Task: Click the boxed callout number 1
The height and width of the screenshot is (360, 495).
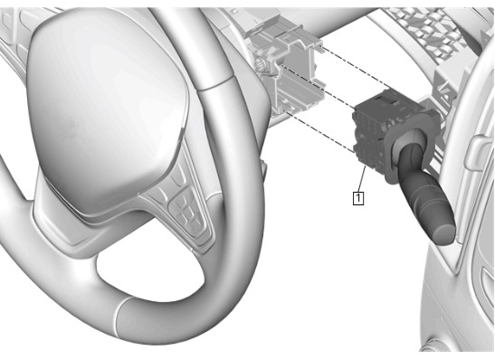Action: pyautogui.click(x=358, y=198)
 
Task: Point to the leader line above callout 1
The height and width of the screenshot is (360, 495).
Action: pyautogui.click(x=362, y=178)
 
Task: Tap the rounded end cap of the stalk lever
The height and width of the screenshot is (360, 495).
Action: pyautogui.click(x=443, y=232)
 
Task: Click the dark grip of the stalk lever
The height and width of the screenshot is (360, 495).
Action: pyautogui.click(x=423, y=196)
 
